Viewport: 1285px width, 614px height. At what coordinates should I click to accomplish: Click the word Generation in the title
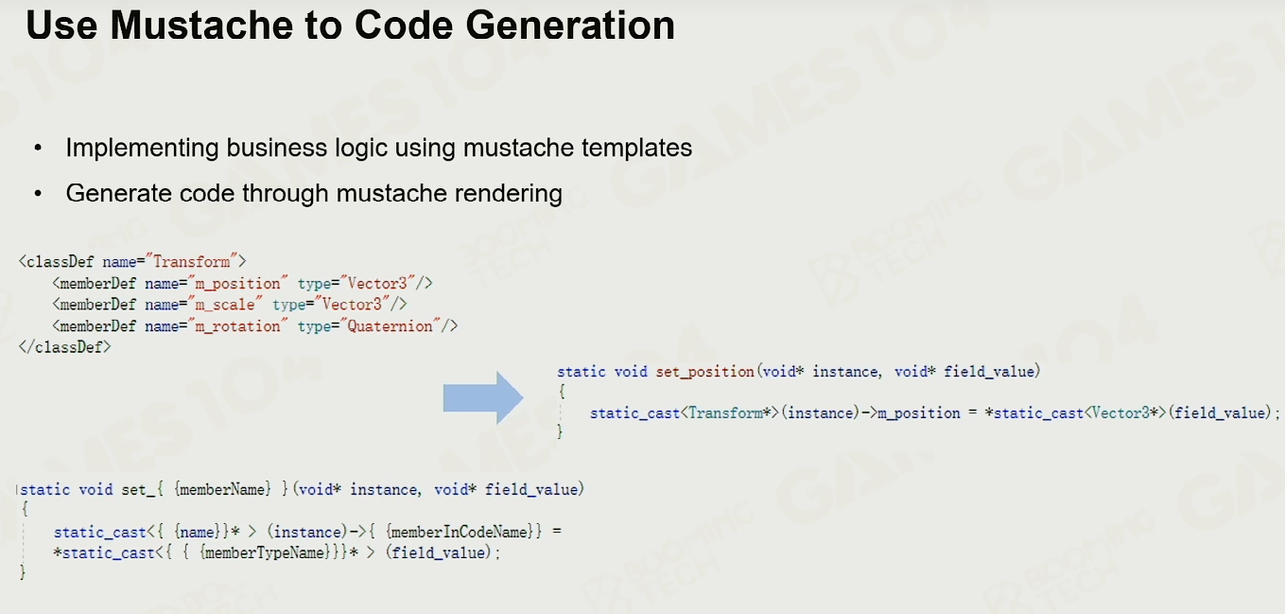coord(570,26)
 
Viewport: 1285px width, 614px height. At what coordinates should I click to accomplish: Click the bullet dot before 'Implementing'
coord(38,148)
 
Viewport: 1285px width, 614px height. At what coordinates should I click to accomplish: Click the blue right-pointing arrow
coord(483,397)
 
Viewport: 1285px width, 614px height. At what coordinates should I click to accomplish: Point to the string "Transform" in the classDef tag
coord(192,262)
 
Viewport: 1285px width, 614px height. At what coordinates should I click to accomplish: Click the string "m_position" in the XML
coord(237,284)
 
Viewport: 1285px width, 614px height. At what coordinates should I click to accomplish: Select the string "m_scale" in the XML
coord(225,304)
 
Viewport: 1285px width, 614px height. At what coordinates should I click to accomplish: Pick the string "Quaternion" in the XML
coord(391,326)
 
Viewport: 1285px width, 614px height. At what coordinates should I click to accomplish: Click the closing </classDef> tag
coord(65,347)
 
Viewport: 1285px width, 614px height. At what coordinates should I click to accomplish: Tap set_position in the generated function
coord(705,372)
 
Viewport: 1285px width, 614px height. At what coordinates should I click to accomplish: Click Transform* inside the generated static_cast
coord(730,413)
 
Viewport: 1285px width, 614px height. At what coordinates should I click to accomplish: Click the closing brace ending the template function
coord(23,571)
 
